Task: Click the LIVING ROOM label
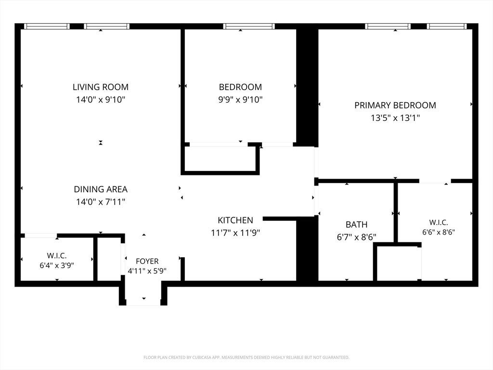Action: tap(101, 87)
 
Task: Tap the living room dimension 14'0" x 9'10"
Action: tap(101, 100)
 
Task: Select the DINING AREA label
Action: tap(101, 189)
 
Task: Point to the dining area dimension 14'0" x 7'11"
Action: tap(101, 202)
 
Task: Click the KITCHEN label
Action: tap(235, 220)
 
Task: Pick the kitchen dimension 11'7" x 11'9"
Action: tap(235, 233)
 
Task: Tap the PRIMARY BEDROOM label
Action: tap(395, 105)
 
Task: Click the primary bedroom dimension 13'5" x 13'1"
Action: tap(395, 118)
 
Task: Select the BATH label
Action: tap(357, 225)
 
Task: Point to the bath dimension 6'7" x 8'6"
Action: tap(357, 237)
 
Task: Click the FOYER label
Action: tap(147, 261)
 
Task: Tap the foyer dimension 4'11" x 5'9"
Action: tap(147, 271)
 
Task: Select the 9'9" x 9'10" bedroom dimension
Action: tap(240, 100)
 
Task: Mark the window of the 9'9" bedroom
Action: tap(249, 26)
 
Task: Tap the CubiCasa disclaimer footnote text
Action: tap(246, 357)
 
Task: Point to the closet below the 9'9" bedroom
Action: tap(220, 159)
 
